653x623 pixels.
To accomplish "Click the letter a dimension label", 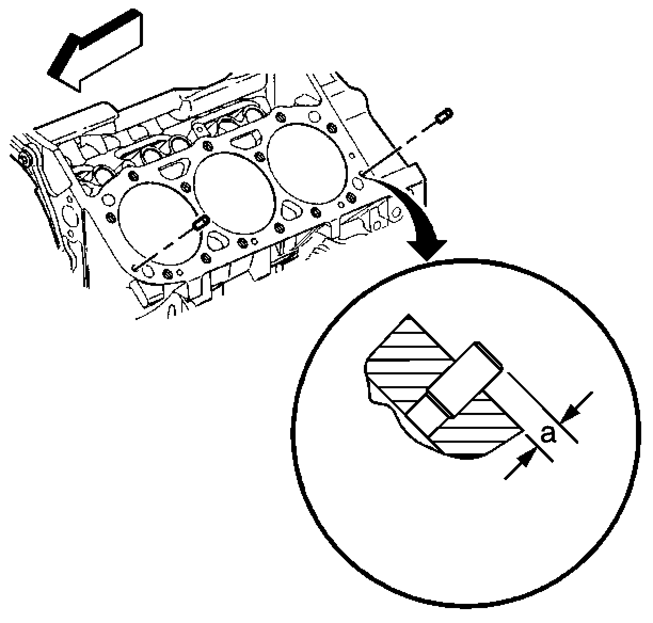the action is tap(548, 435).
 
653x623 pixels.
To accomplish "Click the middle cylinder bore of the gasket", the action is tap(235, 193).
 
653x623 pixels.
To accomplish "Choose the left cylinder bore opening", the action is tap(160, 223).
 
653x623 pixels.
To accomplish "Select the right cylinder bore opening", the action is tap(307, 163).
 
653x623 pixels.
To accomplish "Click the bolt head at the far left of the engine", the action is tap(24, 159).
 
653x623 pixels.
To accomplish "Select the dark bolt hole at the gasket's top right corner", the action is tap(331, 127).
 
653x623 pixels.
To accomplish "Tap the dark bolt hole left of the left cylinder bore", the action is tap(110, 218).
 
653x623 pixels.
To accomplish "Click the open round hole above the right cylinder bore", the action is tap(314, 117).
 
